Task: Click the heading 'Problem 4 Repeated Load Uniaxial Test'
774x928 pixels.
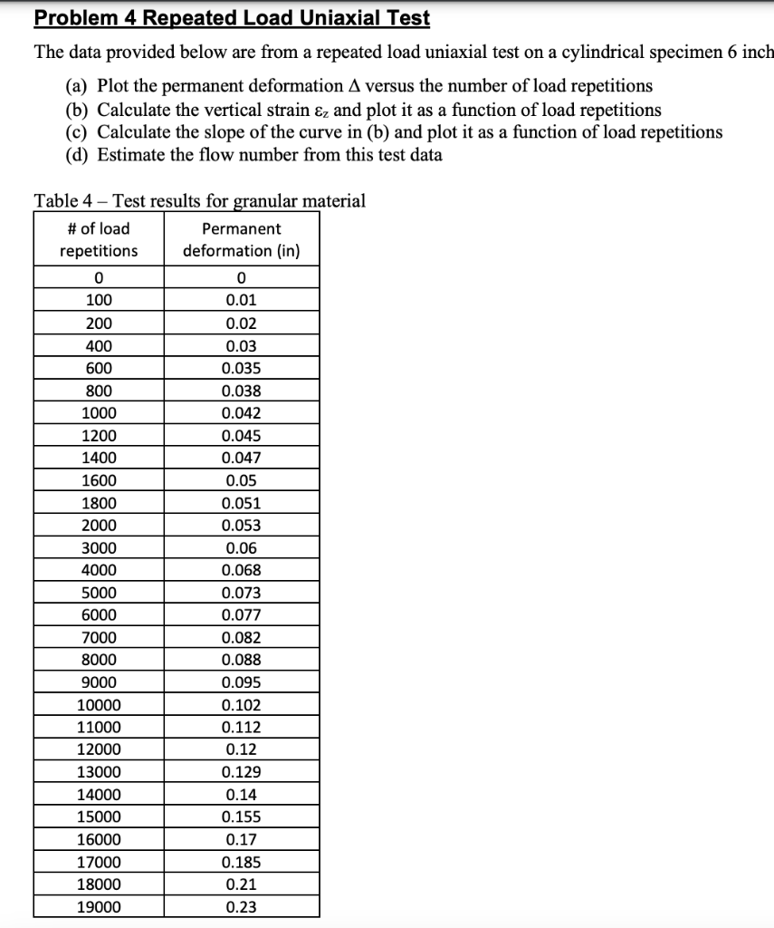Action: coord(232,18)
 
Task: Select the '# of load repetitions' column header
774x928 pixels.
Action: coord(99,239)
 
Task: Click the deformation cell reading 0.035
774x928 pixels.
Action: coord(241,369)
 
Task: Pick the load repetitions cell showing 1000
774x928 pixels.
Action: coord(99,413)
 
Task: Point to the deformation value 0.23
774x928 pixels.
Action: coord(241,906)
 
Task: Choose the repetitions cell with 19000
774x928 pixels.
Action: coord(99,906)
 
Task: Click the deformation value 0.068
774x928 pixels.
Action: coord(241,571)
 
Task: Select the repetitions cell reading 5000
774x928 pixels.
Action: coord(99,593)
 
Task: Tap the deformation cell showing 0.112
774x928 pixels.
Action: coord(241,728)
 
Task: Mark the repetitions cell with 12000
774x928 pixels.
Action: coord(99,749)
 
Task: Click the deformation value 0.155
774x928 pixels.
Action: coord(241,817)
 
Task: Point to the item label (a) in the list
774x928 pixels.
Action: coord(77,86)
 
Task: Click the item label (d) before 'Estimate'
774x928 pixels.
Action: coord(77,154)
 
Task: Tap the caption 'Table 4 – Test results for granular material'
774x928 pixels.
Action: coord(199,200)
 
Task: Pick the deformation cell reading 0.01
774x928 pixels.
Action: coord(241,301)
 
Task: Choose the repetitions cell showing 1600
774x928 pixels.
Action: coord(99,480)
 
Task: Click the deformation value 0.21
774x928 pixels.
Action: coord(241,884)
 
